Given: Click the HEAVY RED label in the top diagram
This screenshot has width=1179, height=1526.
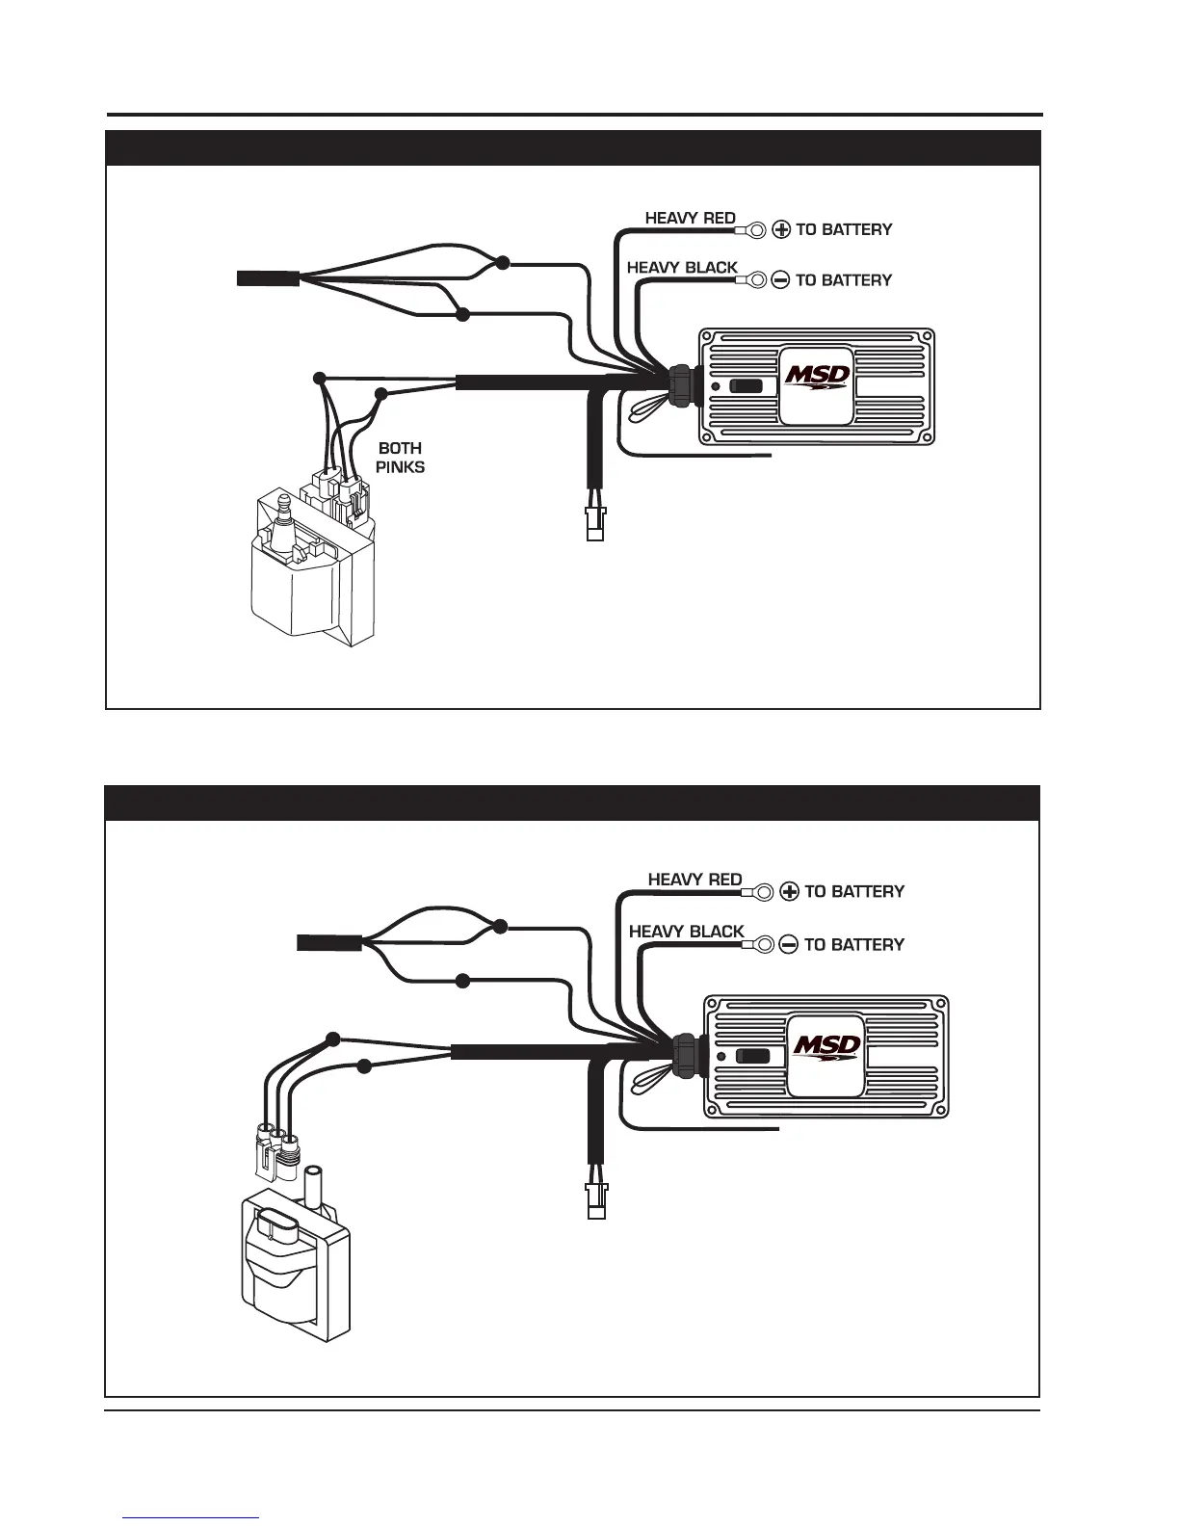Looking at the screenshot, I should [690, 219].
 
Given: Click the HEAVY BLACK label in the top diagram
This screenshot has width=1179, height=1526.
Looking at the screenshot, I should [682, 268].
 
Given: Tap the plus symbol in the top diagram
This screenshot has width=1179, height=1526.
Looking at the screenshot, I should [781, 230].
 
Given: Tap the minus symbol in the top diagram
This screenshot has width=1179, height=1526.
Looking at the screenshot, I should [781, 280].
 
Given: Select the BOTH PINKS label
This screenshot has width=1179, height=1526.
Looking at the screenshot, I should [400, 458].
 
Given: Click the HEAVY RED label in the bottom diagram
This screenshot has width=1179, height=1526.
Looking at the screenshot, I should [694, 880].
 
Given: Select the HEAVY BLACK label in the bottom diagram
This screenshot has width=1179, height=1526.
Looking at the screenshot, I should [686, 932].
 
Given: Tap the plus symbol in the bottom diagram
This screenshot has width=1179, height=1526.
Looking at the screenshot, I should [789, 892].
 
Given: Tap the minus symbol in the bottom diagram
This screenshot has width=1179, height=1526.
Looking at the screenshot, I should [789, 945].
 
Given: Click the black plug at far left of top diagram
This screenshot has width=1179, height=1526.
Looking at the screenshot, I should [268, 278].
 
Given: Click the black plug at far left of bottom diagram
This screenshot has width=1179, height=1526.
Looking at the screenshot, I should [329, 942].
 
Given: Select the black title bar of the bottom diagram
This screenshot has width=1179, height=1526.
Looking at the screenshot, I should [572, 802].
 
